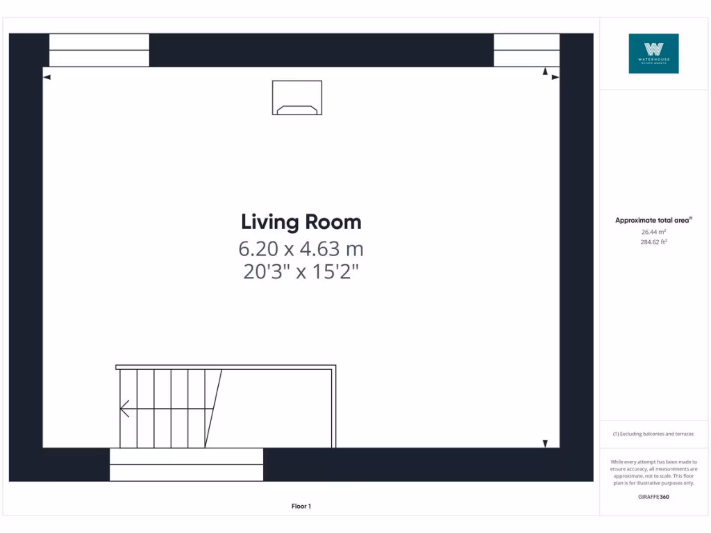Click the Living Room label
click(301, 222)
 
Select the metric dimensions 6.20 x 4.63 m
click(301, 248)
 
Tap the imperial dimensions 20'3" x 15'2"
click(301, 271)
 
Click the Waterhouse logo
click(653, 53)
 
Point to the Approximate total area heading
click(653, 221)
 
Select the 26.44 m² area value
click(653, 232)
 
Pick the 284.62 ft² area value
click(653, 242)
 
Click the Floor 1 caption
click(301, 507)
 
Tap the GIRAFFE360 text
click(653, 497)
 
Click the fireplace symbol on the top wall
click(297, 98)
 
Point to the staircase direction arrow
click(125, 409)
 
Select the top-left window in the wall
click(99, 50)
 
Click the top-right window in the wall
click(526, 50)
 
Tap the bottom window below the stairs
click(187, 464)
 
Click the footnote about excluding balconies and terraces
click(653, 434)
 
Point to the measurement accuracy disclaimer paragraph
click(653, 473)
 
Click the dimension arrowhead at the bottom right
click(546, 443)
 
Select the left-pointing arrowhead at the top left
click(47, 77)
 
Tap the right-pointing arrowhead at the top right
click(555, 77)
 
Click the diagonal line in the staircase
click(214, 408)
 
